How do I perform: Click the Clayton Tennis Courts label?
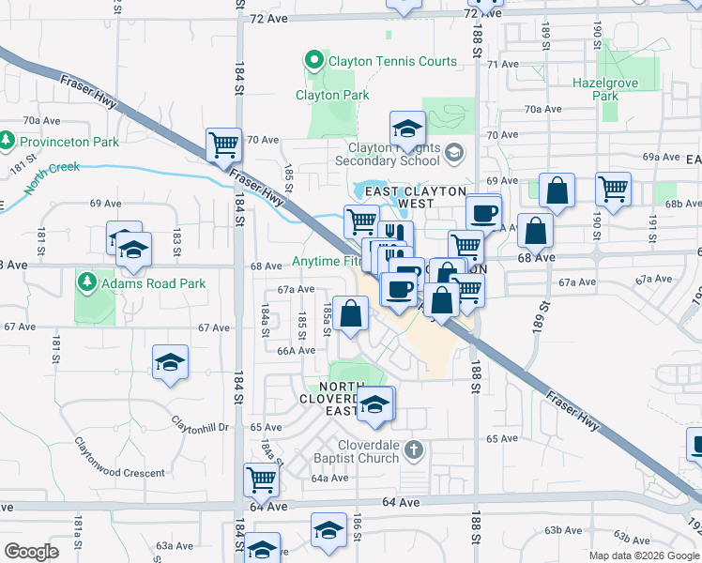392,62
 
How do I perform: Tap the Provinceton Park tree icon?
8,142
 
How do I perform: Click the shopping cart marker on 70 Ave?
224,145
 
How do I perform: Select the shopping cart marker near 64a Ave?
262,479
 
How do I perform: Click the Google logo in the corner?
31,552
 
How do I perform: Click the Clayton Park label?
332,95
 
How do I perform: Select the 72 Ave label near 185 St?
267,18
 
